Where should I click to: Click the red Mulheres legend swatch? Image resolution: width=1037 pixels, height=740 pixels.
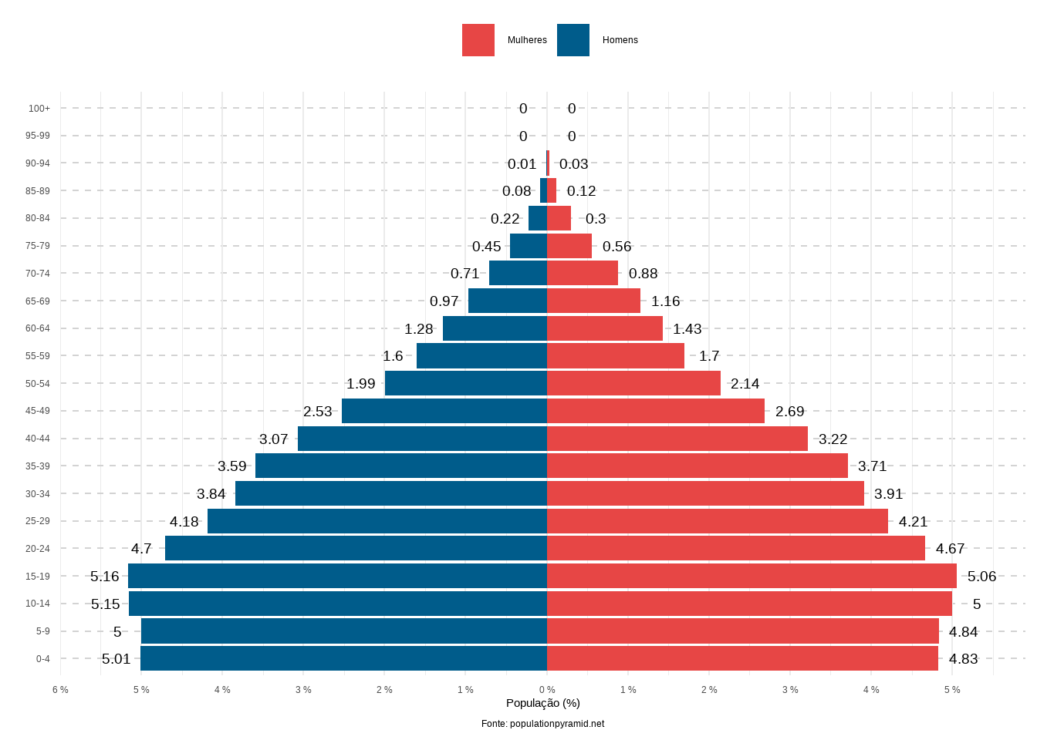pyautogui.click(x=478, y=40)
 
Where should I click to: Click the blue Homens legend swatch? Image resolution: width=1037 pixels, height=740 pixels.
pyautogui.click(x=573, y=40)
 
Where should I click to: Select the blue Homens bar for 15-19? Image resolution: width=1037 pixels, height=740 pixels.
pyautogui.click(x=337, y=576)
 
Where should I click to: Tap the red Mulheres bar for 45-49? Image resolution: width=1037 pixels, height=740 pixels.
pyautogui.click(x=656, y=411)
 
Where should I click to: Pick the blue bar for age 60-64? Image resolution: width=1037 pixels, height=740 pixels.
pyautogui.click(x=495, y=328)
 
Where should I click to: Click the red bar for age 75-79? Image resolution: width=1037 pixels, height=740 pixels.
pyautogui.click(x=569, y=246)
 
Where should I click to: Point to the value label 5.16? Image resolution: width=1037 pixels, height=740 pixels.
pyautogui.click(x=105, y=577)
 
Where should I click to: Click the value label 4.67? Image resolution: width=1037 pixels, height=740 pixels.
pyautogui.click(x=950, y=549)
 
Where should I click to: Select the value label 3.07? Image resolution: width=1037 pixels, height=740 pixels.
pyautogui.click(x=274, y=439)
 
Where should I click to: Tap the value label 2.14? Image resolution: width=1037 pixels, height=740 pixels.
pyautogui.click(x=745, y=384)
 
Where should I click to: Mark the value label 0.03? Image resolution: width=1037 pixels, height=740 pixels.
pyautogui.click(x=574, y=164)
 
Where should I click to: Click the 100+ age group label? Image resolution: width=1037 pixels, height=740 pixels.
pyautogui.click(x=39, y=109)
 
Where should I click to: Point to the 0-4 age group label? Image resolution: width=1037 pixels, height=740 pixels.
pyautogui.click(x=42, y=659)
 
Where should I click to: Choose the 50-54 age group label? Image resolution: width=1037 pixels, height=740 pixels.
pyautogui.click(x=38, y=384)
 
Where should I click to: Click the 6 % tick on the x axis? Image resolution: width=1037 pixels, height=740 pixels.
pyautogui.click(x=60, y=690)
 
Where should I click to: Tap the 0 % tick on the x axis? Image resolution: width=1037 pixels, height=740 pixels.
pyautogui.click(x=547, y=690)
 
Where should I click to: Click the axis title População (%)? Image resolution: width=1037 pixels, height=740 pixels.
pyautogui.click(x=542, y=703)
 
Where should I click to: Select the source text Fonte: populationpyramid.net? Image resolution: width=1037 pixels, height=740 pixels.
pyautogui.click(x=542, y=724)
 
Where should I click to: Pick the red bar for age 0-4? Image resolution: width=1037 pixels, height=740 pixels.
pyautogui.click(x=742, y=658)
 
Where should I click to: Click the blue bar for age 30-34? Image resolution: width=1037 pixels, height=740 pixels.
pyautogui.click(x=391, y=493)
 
